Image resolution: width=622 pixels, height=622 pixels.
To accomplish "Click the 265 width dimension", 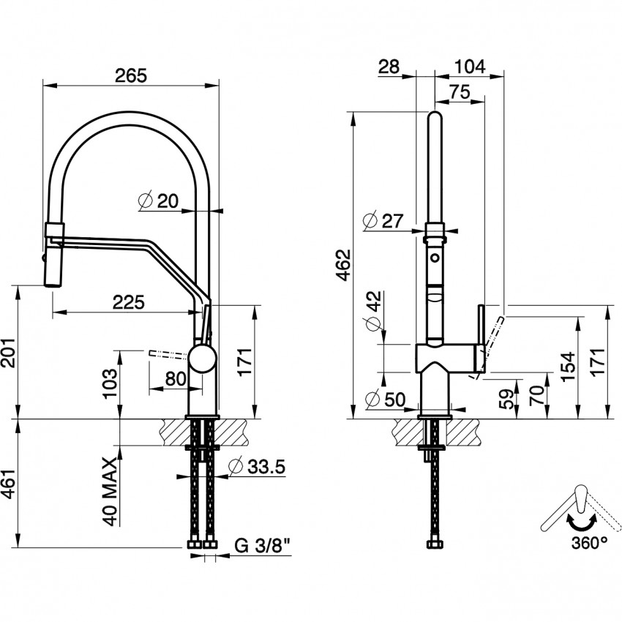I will click(x=131, y=75).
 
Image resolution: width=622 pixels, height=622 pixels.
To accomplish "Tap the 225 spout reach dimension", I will click(x=128, y=301).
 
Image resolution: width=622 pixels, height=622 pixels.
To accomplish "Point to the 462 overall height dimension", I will click(x=345, y=264).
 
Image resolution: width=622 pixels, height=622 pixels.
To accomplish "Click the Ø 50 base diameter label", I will click(x=385, y=400).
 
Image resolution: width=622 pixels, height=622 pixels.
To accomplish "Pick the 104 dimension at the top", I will click(x=470, y=67).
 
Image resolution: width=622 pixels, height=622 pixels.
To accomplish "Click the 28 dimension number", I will click(x=389, y=67).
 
